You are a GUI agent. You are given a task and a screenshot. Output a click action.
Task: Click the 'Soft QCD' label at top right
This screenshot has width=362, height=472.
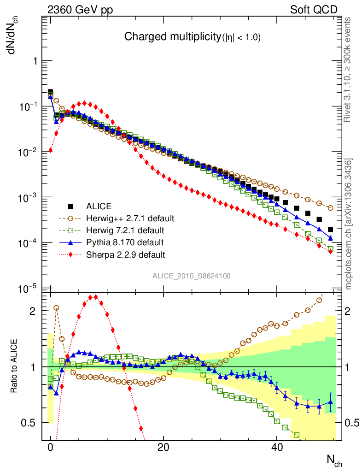(314, 10)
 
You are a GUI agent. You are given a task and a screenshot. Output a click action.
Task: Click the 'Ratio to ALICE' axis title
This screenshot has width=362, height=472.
(15, 366)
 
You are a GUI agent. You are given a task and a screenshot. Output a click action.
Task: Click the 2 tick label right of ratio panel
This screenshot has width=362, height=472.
(348, 311)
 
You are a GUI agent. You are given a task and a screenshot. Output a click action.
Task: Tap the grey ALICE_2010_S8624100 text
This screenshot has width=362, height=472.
(192, 276)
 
